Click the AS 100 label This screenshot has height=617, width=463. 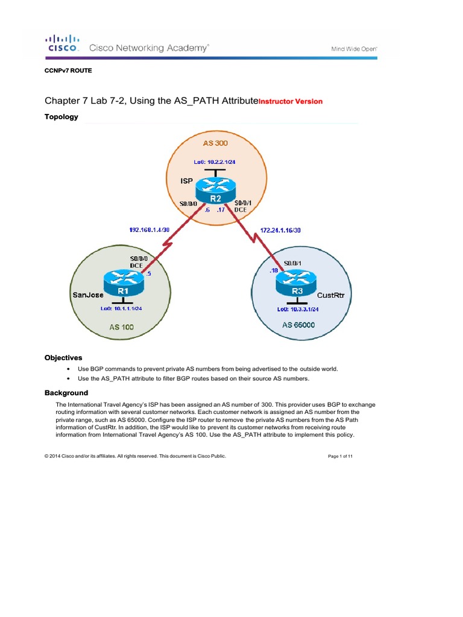point(122,327)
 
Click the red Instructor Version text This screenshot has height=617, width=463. point(291,101)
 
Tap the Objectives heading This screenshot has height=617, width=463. point(63,357)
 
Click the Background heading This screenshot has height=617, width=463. point(66,393)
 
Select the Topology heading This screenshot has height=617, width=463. point(61,117)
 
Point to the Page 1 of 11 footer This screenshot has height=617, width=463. point(340,457)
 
